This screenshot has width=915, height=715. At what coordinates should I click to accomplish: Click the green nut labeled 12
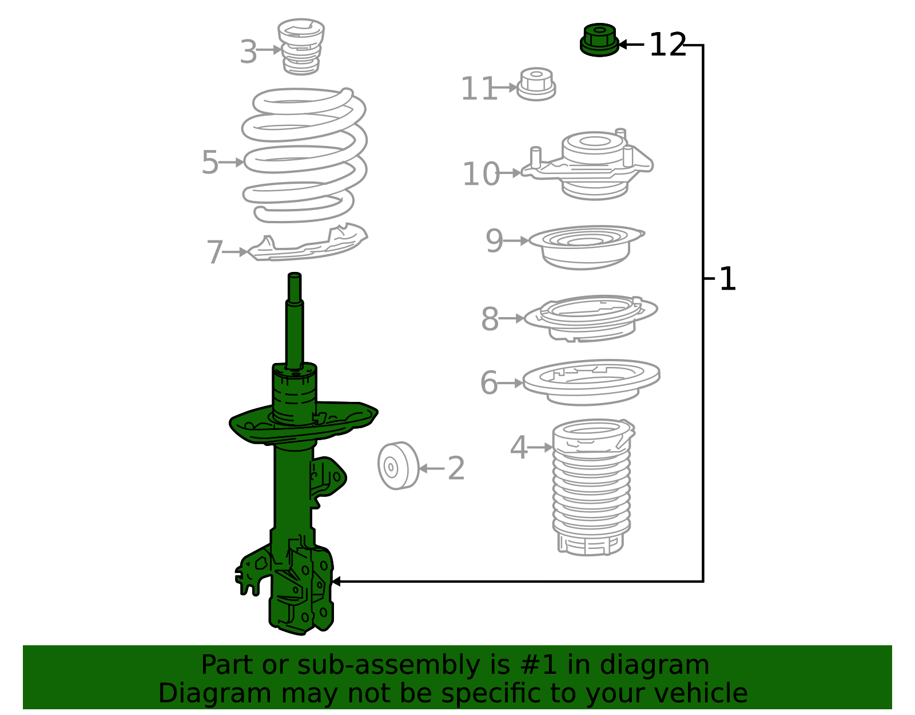[x=599, y=40]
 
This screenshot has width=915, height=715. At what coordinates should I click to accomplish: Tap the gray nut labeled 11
[x=536, y=84]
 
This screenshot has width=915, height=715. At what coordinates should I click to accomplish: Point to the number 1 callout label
[x=728, y=278]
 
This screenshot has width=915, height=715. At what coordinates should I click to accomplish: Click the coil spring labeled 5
[x=304, y=155]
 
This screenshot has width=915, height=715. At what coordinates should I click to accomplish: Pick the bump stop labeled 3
[x=301, y=46]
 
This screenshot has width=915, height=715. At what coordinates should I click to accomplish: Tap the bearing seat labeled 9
[x=586, y=247]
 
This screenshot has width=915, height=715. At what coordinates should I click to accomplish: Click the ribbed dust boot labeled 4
[x=593, y=488]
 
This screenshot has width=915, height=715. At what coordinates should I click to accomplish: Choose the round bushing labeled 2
[x=399, y=465]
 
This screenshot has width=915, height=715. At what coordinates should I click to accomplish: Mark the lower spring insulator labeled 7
[x=307, y=242]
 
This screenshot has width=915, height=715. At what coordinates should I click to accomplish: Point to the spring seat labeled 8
[x=591, y=318]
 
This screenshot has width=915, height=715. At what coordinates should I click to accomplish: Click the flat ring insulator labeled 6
[x=591, y=382]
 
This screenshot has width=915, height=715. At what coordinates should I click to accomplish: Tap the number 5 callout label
[x=210, y=162]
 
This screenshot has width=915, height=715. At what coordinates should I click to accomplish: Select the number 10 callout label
[x=481, y=173]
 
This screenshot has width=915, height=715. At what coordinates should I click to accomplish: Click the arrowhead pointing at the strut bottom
[x=336, y=582]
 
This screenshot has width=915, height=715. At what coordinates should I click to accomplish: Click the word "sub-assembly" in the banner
[x=388, y=665]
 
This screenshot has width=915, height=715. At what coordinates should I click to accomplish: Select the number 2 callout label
[x=456, y=468]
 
